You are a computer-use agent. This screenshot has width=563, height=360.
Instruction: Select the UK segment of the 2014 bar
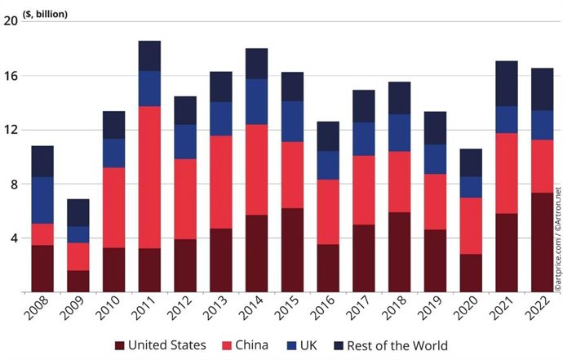click(256, 101)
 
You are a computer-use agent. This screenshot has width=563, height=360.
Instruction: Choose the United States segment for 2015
click(292, 250)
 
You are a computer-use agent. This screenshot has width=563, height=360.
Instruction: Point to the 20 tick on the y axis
click(11, 21)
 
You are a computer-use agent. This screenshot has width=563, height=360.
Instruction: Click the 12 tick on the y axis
click(11, 130)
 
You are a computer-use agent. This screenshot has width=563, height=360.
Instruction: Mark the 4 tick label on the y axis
click(13, 238)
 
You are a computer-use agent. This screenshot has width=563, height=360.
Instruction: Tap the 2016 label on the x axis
click(328, 311)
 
